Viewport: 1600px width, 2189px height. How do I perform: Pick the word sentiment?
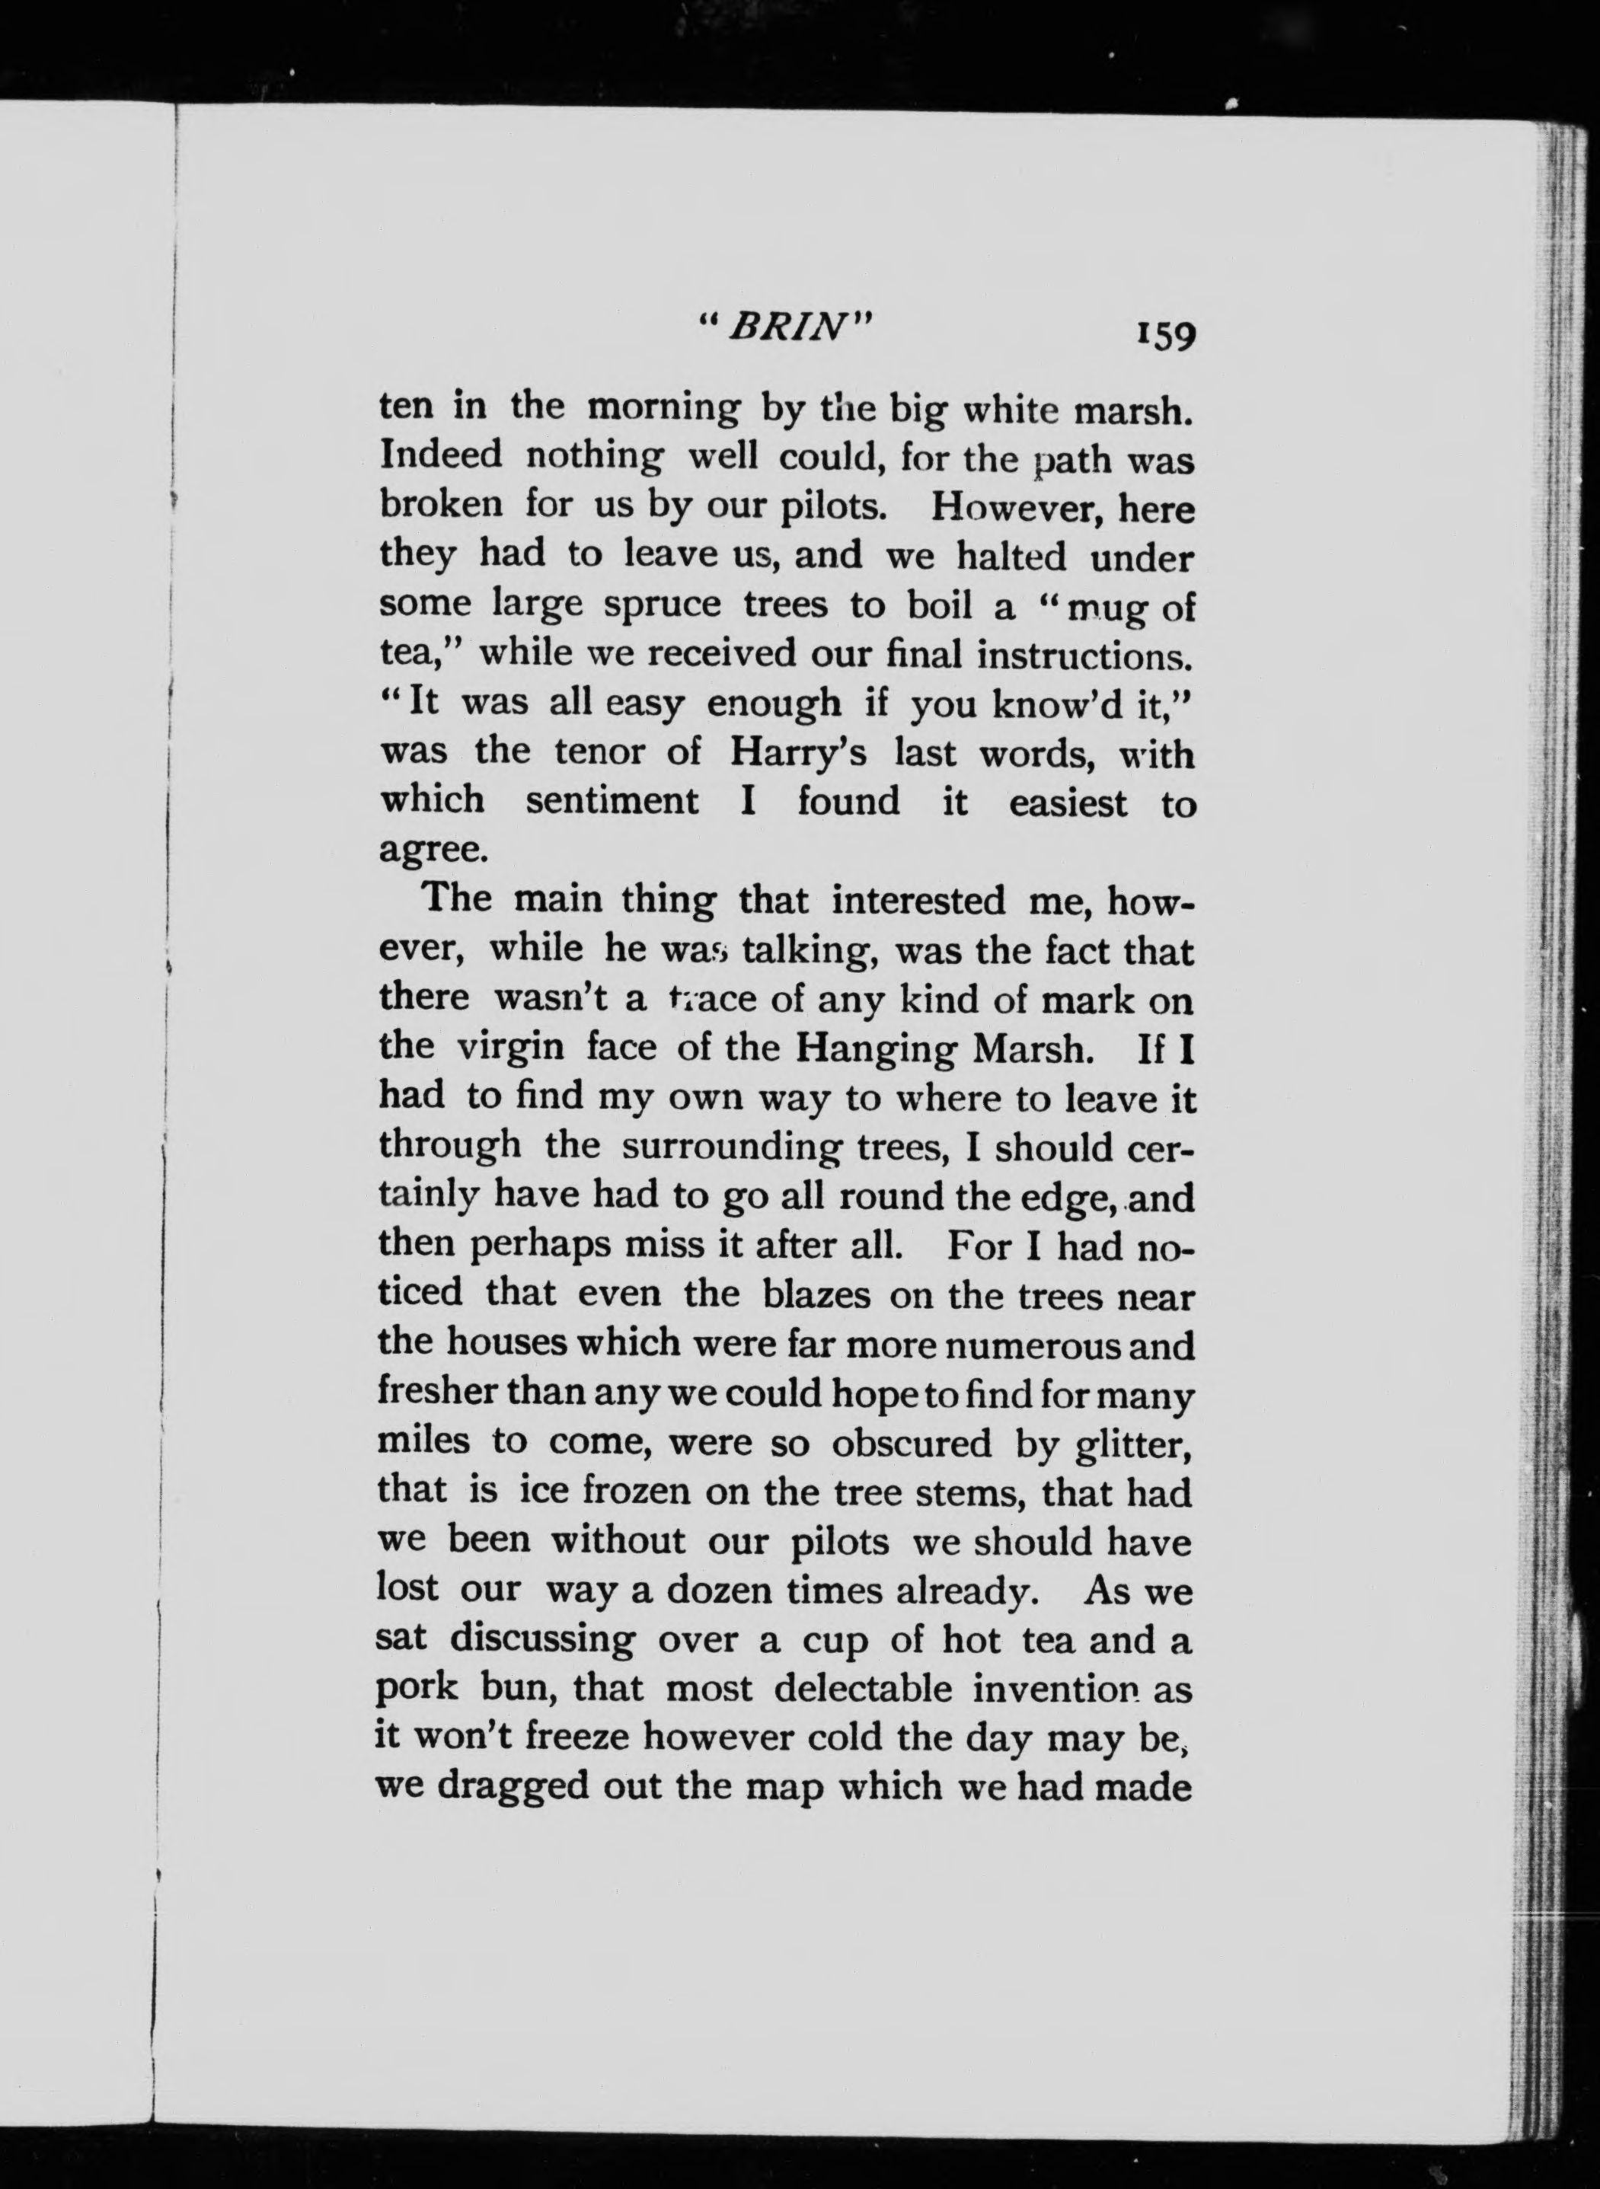[x=612, y=802]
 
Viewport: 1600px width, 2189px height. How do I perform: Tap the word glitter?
[x=1133, y=1444]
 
